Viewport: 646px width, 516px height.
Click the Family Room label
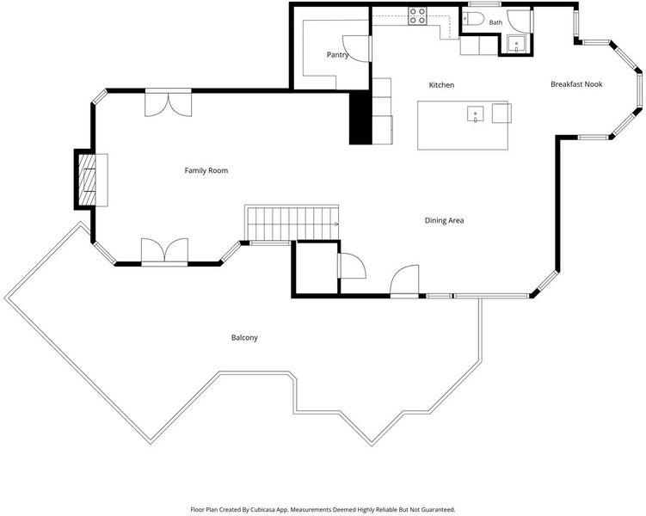206,170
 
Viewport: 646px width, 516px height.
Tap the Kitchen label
441,85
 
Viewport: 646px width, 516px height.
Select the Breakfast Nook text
576,84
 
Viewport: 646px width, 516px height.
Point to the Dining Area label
444,220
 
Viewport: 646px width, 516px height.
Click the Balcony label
244,338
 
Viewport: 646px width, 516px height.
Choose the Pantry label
337,55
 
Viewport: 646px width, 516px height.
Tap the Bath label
495,22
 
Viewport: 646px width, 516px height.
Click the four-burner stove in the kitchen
417,15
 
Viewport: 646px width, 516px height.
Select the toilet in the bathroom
472,19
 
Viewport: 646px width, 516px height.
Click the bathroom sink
516,44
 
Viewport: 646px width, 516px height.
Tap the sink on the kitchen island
476,114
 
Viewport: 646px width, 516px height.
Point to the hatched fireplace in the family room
87,179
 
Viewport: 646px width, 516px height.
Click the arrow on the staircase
335,224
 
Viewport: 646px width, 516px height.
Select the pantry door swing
356,49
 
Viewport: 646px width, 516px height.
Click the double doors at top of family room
168,103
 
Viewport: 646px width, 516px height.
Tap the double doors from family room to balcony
165,252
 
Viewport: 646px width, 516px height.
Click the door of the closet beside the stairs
352,266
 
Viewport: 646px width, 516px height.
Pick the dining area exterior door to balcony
404,281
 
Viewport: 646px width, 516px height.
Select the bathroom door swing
519,21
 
